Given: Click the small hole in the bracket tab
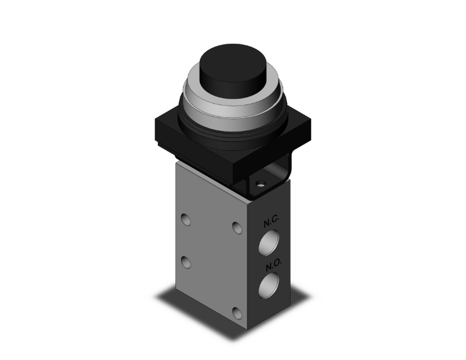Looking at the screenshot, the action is click(x=261, y=184).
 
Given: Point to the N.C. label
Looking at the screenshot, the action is click(x=271, y=221).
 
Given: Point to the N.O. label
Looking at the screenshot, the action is click(x=274, y=265).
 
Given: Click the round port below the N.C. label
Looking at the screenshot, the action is click(x=269, y=242).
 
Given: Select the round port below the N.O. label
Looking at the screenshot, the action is click(x=269, y=285).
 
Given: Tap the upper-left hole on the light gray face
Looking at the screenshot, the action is click(x=186, y=219).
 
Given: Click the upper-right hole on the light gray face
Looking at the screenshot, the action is click(x=237, y=228).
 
